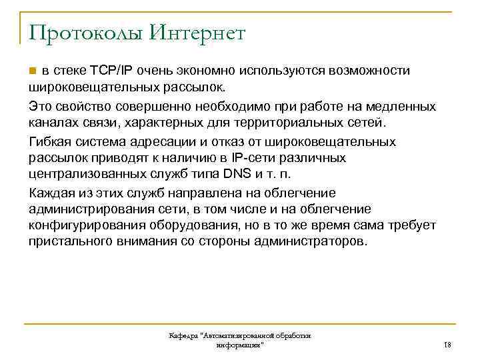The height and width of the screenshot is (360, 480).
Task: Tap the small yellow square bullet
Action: (33, 71)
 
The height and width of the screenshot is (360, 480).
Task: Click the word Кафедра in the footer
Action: (184, 337)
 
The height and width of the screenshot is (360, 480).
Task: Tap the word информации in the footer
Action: (239, 346)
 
